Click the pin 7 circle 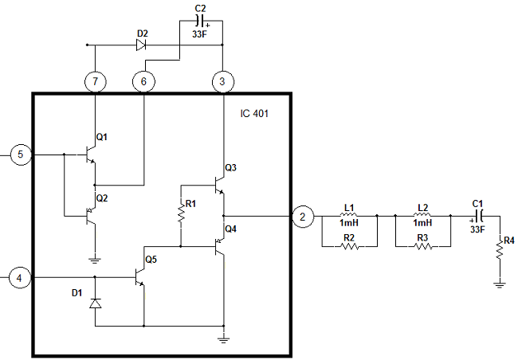pos(96,81)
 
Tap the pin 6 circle pos(143,81)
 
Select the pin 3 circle pos(222,81)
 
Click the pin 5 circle pos(21,155)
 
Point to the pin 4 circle pos(20,278)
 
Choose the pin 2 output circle pos(303,217)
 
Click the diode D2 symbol pos(141,45)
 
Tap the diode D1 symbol pos(96,303)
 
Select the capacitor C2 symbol pos(201,21)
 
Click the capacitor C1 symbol pos(479,217)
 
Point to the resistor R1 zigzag pos(181,213)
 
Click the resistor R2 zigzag pos(350,246)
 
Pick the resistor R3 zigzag pos(423,246)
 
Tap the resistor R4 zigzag pos(500,250)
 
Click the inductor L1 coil pos(349,215)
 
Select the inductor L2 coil pos(422,215)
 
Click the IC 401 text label pos(254,114)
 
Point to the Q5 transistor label pos(151,260)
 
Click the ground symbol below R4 pos(500,285)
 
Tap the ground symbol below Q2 pos(95,260)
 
